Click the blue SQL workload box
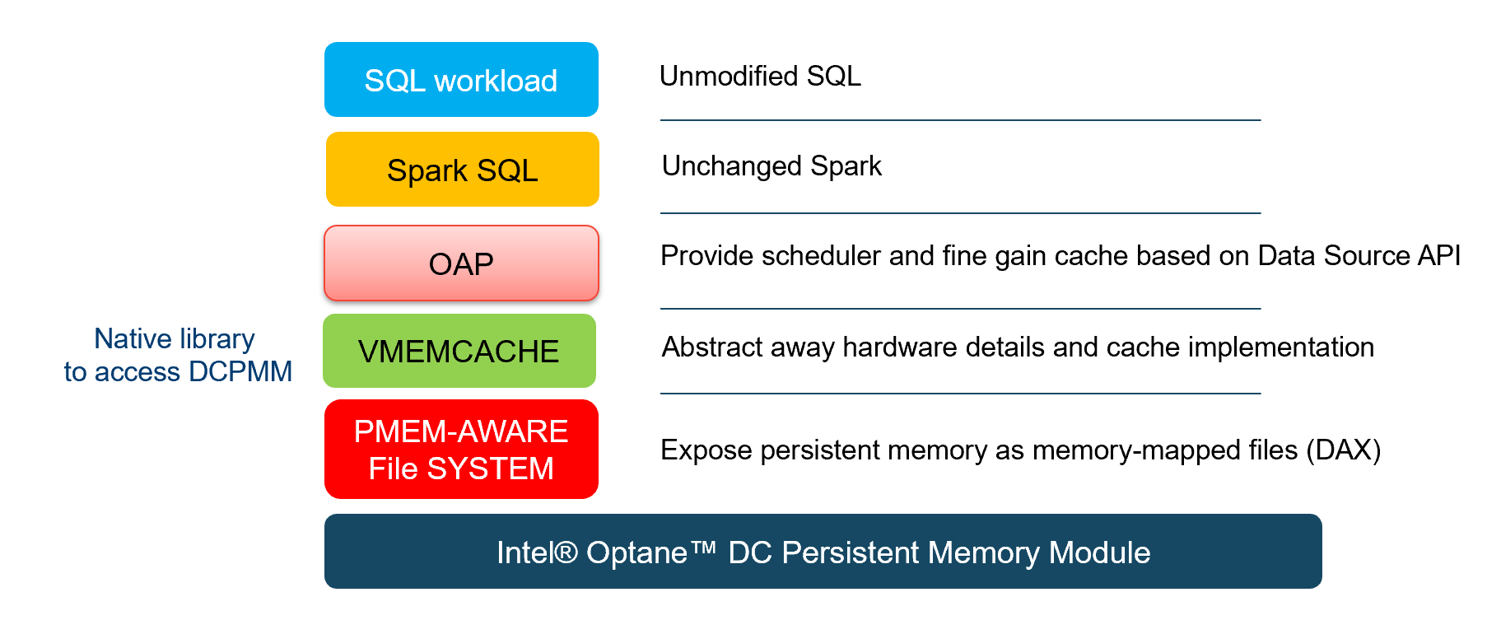(x=461, y=79)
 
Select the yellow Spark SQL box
(x=462, y=169)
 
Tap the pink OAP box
(x=461, y=263)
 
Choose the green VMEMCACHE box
(x=459, y=351)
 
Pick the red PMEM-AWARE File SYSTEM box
(x=461, y=449)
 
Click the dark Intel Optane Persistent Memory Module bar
(x=823, y=551)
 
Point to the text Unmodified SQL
(x=760, y=76)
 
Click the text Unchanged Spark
(x=771, y=165)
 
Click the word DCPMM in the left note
(x=240, y=371)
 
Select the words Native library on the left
(x=175, y=338)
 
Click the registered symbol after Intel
(x=566, y=552)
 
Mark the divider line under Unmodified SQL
(x=960, y=120)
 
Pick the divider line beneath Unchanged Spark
(x=960, y=213)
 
